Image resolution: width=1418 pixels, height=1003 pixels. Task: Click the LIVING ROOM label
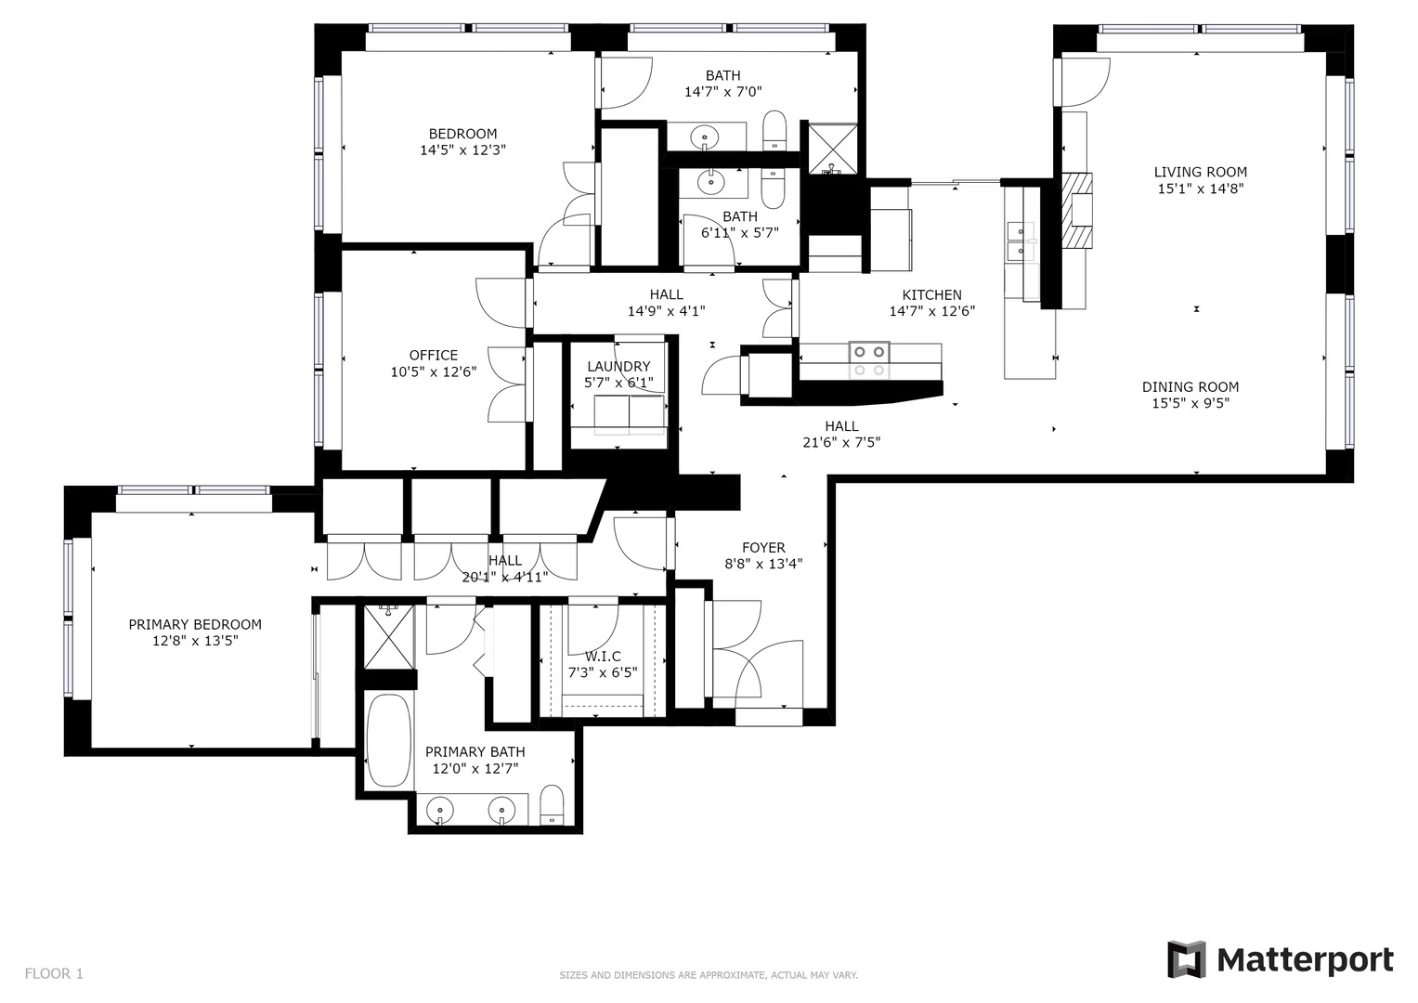pos(1200,172)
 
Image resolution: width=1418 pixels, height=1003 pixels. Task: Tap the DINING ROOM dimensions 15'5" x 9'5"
pos(1190,404)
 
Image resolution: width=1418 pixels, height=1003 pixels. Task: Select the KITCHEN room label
pos(931,295)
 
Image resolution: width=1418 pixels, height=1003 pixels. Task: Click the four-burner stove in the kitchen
pos(868,360)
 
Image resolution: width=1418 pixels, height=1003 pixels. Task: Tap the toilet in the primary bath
pos(552,805)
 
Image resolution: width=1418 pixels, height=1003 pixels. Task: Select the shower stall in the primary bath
pos(388,636)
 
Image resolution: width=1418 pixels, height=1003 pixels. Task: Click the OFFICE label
pos(433,355)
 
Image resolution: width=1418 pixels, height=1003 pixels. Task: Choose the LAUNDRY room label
pos(618,367)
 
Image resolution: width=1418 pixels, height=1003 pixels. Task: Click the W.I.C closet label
pos(603,657)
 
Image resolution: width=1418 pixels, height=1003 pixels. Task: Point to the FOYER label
pos(763,548)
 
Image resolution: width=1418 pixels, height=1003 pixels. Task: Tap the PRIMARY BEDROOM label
pos(195,625)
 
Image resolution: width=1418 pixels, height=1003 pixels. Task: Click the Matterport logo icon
pos(1186,959)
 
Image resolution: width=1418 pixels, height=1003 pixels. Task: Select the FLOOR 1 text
pos(54,973)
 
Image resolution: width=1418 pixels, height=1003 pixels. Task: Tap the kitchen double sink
pos(1019,240)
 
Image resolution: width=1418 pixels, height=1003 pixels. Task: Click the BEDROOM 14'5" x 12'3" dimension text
pos(462,150)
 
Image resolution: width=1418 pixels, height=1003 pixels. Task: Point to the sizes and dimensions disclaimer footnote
pos(708,975)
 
